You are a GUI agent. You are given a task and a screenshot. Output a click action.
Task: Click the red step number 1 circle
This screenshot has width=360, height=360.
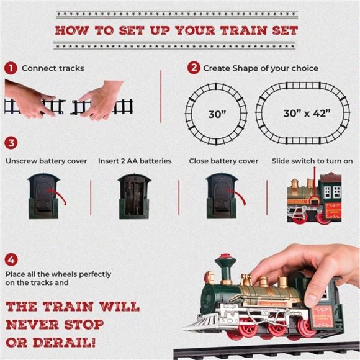10,68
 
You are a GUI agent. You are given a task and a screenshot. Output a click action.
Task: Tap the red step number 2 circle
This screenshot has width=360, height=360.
194,68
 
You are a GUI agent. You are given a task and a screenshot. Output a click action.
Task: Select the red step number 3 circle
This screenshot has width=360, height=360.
10,143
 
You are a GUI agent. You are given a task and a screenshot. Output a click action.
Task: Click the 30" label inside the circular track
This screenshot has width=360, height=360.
217,114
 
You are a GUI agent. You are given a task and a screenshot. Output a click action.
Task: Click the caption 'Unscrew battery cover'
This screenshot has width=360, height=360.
46,161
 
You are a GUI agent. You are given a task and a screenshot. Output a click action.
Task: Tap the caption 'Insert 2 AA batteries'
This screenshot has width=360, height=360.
135,161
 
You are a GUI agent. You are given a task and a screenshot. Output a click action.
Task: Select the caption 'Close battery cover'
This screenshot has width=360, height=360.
223,161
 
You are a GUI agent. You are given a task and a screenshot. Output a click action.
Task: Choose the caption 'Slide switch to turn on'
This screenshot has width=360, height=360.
312,161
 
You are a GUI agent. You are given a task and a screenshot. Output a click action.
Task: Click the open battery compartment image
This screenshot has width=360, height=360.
135,196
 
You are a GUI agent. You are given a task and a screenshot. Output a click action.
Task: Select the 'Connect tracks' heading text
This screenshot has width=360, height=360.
53,68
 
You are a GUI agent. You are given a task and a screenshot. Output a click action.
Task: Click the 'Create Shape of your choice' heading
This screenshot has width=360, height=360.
261,68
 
